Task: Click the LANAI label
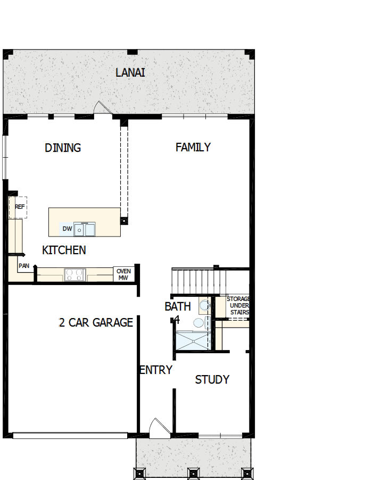click(x=130, y=72)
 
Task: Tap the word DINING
click(x=63, y=148)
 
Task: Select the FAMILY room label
click(x=193, y=147)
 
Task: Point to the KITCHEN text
click(x=64, y=250)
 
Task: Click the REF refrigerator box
click(x=19, y=207)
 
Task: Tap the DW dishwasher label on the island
click(x=67, y=229)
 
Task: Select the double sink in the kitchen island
click(x=85, y=230)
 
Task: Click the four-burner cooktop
click(x=74, y=275)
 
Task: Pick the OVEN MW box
click(x=123, y=274)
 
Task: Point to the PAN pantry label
click(x=24, y=265)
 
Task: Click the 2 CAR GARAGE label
click(x=96, y=322)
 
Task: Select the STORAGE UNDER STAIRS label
click(x=239, y=306)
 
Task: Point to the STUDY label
click(x=212, y=379)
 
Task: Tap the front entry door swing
click(x=158, y=428)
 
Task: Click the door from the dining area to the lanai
click(x=101, y=108)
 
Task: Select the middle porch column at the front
click(x=193, y=473)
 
